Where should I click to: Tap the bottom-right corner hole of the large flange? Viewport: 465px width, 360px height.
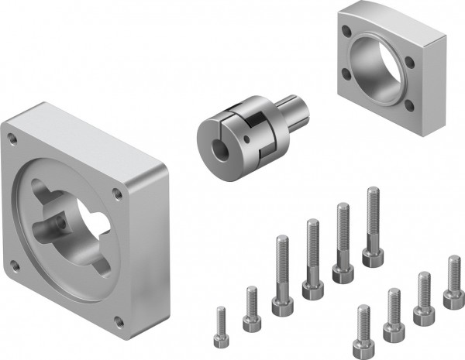click(116, 320)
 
